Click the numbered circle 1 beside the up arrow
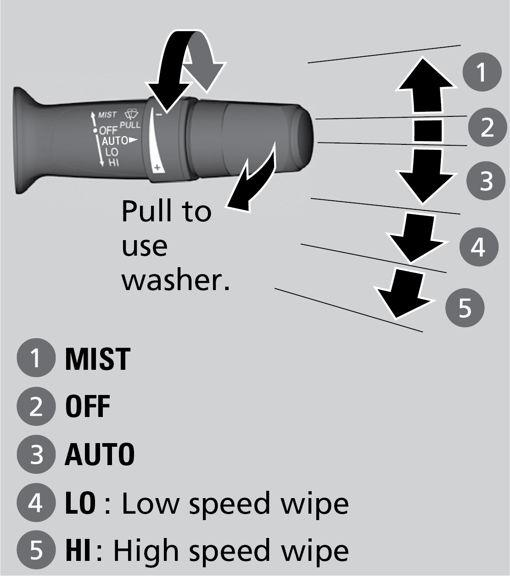point(482,72)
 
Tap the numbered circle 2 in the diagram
point(487,126)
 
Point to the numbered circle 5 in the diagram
point(465,307)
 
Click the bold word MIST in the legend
point(97,359)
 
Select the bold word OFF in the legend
point(88,406)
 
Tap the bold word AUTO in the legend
point(100,455)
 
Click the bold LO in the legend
point(80,503)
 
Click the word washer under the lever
point(175,280)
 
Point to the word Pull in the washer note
point(146,212)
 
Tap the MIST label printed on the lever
point(107,115)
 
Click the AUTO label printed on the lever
point(115,140)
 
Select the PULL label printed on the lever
point(130,125)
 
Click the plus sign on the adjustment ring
point(157,168)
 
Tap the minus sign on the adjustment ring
point(158,114)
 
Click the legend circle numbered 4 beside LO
point(36,503)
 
